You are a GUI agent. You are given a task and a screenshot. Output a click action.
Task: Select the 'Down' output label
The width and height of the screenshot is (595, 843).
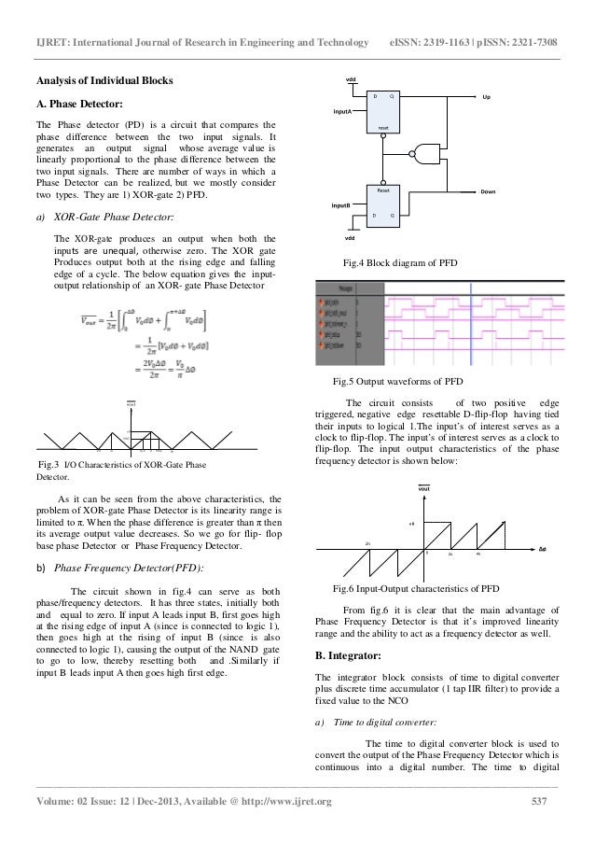488,192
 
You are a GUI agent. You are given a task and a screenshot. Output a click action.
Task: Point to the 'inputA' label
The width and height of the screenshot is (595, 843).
343,110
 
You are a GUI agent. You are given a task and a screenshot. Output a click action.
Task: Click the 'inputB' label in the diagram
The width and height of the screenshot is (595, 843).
341,204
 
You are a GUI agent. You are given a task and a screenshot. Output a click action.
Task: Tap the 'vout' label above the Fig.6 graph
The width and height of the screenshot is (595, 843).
423,488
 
